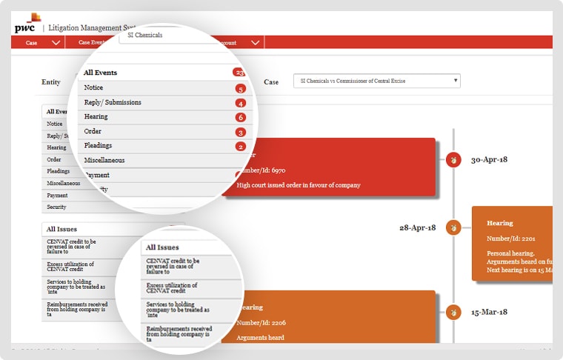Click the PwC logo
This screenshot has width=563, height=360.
[x=27, y=25]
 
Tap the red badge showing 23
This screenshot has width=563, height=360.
[x=239, y=73]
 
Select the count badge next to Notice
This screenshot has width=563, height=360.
[x=240, y=88]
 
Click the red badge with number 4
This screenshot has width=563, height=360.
[x=240, y=103]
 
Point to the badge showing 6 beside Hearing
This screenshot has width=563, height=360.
[x=240, y=117]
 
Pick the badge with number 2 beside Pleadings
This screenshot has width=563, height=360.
[x=240, y=146]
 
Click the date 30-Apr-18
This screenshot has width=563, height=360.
[x=489, y=159]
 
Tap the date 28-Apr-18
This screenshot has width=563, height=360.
[x=418, y=228]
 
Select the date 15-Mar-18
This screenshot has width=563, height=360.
[x=489, y=313]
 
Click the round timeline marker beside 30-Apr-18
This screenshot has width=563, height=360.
[x=453, y=159]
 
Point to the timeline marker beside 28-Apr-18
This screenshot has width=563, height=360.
[x=453, y=228]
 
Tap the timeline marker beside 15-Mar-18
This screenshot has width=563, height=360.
[x=453, y=313]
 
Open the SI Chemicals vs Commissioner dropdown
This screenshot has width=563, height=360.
[x=376, y=81]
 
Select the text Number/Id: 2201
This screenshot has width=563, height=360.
[x=510, y=239]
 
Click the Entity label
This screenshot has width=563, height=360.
[x=50, y=82]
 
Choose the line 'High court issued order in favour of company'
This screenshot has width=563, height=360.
[x=298, y=185]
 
